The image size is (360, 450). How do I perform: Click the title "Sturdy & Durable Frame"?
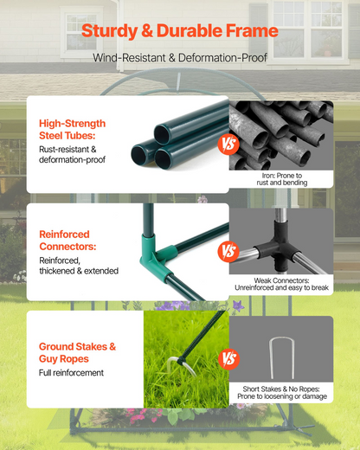180,31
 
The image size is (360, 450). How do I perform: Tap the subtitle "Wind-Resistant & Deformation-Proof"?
180,58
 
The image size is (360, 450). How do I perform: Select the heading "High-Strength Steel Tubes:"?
72,129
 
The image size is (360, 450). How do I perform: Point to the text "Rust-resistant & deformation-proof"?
72,154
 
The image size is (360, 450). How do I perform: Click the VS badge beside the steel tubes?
228,144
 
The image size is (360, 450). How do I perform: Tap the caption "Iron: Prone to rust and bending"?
282,179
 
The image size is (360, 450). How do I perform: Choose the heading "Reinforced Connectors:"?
67,241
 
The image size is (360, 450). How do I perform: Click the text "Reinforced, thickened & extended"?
79,266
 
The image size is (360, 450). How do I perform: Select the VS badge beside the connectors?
228,251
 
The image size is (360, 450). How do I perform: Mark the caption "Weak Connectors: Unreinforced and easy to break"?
281,284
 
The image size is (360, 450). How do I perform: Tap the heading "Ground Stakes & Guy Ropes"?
77,352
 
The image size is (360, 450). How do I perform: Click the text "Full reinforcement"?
71,373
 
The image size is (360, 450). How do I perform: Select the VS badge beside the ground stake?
228,359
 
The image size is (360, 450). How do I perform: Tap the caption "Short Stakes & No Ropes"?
281,389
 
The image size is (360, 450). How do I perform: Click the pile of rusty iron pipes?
281,136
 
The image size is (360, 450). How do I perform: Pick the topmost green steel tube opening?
162,134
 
